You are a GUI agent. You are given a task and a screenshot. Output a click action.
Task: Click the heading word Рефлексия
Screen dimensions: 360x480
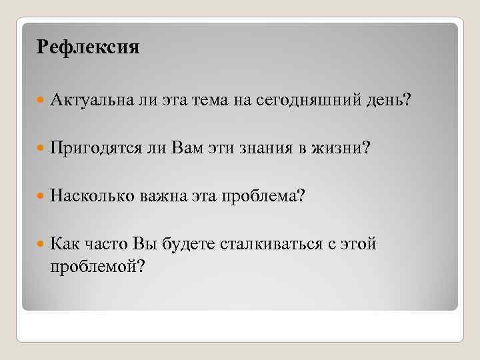pos(88,47)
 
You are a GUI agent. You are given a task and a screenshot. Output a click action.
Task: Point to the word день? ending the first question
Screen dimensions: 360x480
pos(388,101)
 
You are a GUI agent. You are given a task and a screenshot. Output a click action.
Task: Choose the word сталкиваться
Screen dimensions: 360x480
pos(269,244)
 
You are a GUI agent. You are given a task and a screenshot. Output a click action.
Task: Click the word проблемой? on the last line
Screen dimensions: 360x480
pos(97,265)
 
